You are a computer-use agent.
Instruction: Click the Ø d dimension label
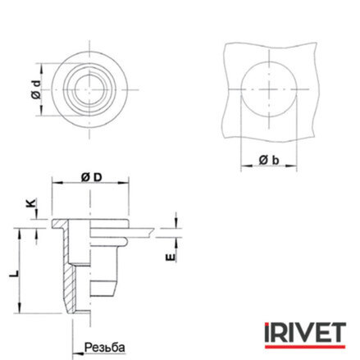coord(36,89)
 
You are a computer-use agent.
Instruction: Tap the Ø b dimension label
coord(269,160)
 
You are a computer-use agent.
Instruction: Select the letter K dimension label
coord(32,203)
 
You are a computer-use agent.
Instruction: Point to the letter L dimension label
coord(14,273)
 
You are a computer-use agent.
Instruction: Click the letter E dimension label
coord(170,257)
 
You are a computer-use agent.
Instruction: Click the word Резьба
coord(105,348)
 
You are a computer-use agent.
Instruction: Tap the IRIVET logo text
coord(305,332)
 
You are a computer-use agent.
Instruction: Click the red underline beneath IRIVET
coord(305,347)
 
